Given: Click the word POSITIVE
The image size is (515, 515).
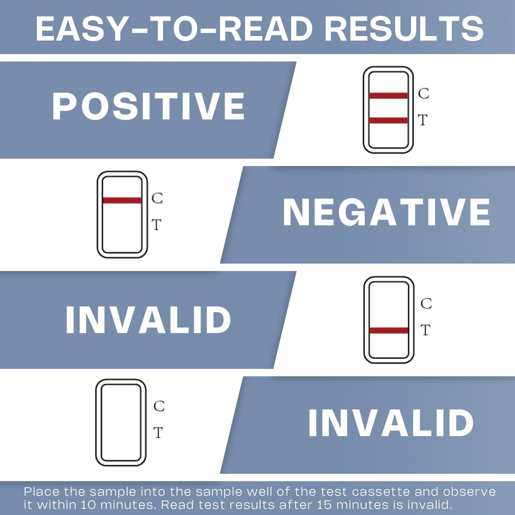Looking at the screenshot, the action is [148, 106].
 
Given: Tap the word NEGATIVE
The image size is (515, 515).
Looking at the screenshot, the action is [387, 212].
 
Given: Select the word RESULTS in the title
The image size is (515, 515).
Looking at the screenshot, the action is [404, 28].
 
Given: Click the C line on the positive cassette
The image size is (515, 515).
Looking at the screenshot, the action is [388, 96].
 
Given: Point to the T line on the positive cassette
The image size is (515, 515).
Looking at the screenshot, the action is [388, 120].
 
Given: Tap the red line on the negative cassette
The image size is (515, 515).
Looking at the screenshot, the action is [122, 200].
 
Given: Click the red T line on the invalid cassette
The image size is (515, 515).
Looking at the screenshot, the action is [389, 331].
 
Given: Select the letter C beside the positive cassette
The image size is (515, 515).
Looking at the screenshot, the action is [424, 94].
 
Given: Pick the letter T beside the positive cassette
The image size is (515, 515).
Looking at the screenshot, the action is [423, 120].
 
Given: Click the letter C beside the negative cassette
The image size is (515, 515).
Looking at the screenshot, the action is [157, 198].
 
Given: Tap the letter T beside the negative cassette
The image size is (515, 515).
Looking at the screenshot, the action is [157, 225].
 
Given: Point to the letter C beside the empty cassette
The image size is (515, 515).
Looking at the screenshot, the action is [159, 406].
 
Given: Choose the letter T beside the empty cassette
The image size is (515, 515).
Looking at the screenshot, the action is [158, 433].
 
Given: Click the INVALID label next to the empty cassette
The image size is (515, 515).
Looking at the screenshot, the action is [391, 423].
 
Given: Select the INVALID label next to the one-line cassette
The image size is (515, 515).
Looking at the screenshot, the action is [148, 320].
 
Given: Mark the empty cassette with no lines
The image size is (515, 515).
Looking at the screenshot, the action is [96, 423].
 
